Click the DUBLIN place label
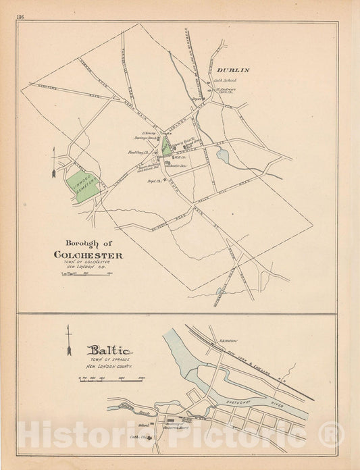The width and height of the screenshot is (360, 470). tap(233, 70)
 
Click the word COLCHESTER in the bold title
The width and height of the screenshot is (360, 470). tap(88, 255)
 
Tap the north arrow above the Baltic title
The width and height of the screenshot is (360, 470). tap(68, 340)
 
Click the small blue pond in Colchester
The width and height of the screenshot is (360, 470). tap(222, 157)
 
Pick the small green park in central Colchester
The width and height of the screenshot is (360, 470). tap(166, 146)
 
